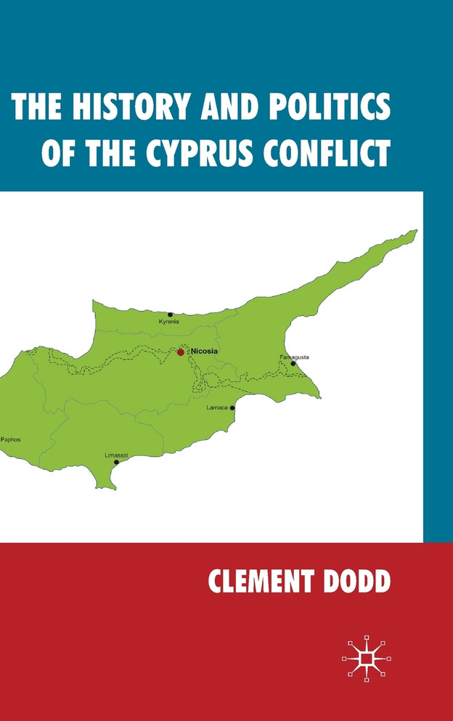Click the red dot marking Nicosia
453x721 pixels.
tap(181, 352)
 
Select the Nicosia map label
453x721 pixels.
tap(203, 351)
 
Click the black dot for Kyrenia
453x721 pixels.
tap(171, 314)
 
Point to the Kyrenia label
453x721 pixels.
tap(168, 322)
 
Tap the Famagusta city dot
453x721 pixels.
tap(293, 364)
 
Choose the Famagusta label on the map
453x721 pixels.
tap(294, 357)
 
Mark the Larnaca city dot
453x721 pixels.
tap(232, 408)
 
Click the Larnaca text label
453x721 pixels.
tap(217, 408)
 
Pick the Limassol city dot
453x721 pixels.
tap(116, 462)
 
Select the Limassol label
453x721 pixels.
tap(116, 455)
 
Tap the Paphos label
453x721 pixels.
tap(11, 439)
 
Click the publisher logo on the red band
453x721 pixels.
tap(367, 659)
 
